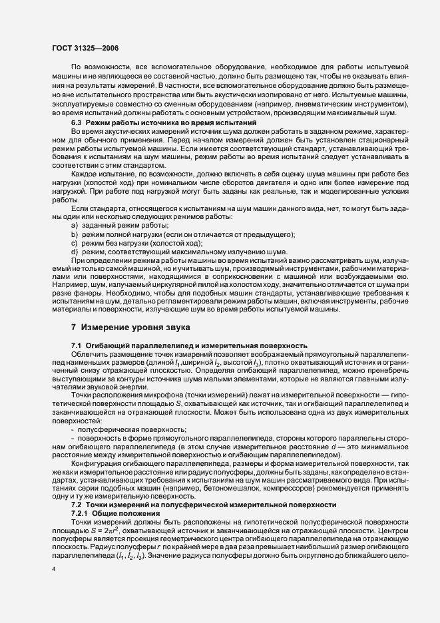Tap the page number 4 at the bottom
pos(55,570)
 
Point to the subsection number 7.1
pos(77,345)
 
